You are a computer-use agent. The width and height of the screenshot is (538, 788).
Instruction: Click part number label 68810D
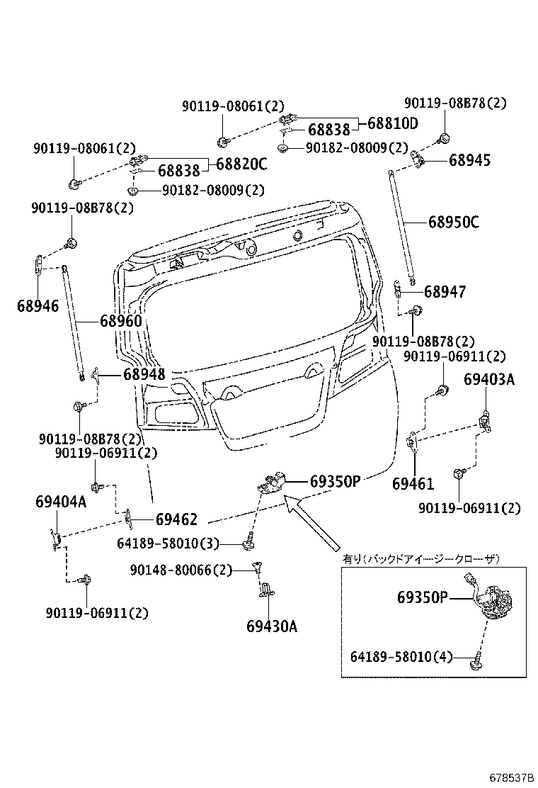coord(392,123)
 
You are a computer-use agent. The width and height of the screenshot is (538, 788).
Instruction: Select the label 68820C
coord(241,164)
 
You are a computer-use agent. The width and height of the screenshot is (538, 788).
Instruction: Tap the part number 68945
coord(469,160)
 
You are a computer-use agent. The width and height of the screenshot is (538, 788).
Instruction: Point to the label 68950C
coord(453,222)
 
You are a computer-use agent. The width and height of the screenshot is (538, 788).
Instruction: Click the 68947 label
coord(445,291)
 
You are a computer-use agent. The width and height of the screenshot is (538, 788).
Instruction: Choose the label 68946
coord(38,306)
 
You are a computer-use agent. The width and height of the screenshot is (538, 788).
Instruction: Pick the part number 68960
coord(120,321)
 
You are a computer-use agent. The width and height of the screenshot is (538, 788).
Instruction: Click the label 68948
coord(144,374)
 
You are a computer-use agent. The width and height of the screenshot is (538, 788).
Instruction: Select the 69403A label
coord(489,380)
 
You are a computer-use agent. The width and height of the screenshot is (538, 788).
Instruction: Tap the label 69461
coord(413,484)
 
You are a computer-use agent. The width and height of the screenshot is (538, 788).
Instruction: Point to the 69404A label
coord(60,502)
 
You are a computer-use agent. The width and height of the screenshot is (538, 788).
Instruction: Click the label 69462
coord(176,519)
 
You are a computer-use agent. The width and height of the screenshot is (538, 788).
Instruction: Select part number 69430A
coord(272,626)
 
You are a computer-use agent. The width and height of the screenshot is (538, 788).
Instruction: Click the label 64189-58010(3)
coord(168,544)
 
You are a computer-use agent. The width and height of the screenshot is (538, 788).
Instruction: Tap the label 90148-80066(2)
coord(181,570)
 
